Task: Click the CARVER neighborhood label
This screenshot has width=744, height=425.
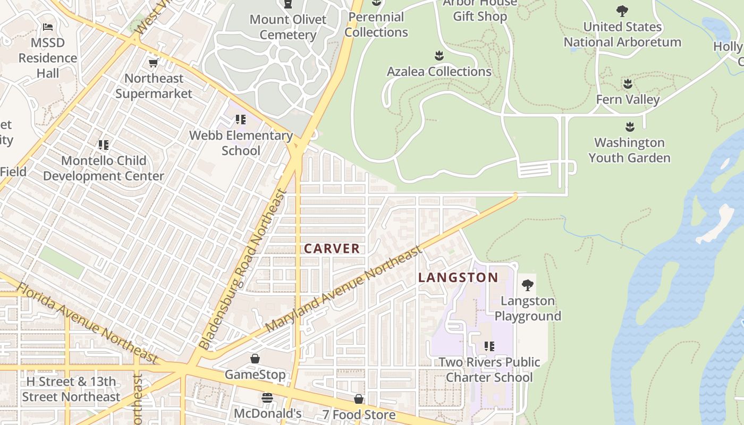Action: coord(332,249)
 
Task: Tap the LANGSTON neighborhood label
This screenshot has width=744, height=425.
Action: coord(458,277)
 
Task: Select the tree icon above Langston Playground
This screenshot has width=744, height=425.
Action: coord(528,285)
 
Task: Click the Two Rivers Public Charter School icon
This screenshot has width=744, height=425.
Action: coord(489,346)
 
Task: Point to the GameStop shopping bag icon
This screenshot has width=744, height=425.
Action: coord(255,359)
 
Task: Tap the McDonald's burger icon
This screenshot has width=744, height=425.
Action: coord(267,398)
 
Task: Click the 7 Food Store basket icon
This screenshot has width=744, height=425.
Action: coord(359,399)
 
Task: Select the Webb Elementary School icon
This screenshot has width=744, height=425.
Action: coord(241,120)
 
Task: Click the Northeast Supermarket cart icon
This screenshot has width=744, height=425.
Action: coord(154,63)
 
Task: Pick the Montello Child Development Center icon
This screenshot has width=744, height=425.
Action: coord(104,144)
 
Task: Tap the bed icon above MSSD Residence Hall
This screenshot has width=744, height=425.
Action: coord(48,27)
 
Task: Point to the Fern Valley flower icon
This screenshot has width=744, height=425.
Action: coord(628,84)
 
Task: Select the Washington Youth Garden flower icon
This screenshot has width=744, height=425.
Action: coord(630,127)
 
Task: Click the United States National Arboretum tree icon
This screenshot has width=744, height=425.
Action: coord(622,11)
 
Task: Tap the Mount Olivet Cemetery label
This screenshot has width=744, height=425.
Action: coord(288,27)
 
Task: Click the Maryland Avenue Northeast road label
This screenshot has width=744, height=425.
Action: coord(343,289)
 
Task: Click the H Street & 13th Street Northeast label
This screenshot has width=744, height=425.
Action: coord(71,389)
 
